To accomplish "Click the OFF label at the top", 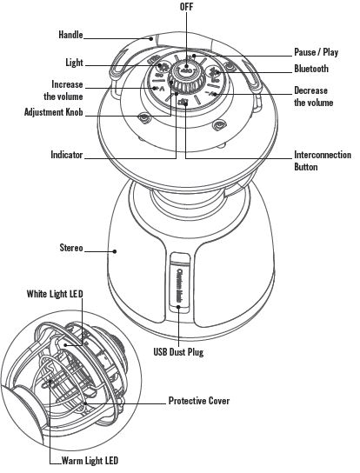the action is [x=186, y=7].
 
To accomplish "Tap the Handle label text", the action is [x=70, y=35].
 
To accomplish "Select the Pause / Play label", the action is [x=316, y=52].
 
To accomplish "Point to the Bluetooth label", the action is [x=311, y=69].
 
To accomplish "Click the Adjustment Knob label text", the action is [x=53, y=112].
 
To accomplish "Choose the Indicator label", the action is [x=67, y=155].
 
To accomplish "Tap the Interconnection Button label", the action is [x=323, y=161].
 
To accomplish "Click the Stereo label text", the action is [x=71, y=248].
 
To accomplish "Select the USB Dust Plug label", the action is [x=178, y=352].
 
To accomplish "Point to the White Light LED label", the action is [x=55, y=294].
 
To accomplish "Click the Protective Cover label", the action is [x=199, y=401].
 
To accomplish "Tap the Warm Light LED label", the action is [x=90, y=461].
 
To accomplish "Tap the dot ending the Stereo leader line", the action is [x=115, y=251].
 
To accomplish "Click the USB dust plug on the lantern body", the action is [x=180, y=283].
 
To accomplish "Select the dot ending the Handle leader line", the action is [x=151, y=38].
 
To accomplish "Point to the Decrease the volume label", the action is [x=314, y=97].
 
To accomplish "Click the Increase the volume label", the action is [x=63, y=90].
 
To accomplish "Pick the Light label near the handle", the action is [x=74, y=63].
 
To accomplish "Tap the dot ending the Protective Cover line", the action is [x=86, y=403].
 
